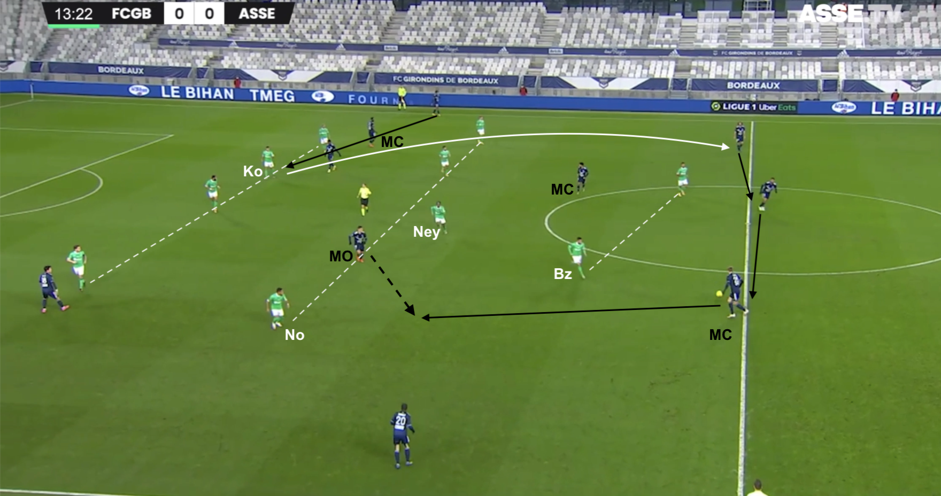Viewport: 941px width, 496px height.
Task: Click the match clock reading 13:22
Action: pos(73,13)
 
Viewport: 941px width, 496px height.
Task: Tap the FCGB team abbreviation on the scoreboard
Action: pos(131,13)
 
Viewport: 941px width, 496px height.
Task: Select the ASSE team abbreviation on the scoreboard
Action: pos(257,13)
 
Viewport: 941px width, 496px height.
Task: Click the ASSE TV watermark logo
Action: pos(850,15)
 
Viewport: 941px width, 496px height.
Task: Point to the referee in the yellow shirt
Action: pos(364,198)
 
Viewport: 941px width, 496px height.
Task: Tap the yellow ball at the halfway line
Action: pos(719,293)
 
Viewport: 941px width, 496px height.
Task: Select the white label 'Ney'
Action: pos(426,232)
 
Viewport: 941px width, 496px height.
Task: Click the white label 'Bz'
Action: pos(562,274)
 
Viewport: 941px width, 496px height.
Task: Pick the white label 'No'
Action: pos(294,335)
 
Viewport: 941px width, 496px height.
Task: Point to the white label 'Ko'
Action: pos(253,171)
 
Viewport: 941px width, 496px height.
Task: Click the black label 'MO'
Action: pos(341,256)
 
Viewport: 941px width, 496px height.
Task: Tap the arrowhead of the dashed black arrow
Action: pos(411,310)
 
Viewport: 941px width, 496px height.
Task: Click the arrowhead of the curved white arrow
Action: pos(726,146)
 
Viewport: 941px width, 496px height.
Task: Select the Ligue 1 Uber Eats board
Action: pos(754,107)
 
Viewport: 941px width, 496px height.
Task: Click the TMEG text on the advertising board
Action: pos(272,96)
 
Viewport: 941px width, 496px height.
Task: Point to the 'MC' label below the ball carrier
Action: pos(720,335)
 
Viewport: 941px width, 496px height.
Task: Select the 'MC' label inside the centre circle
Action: pos(562,189)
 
